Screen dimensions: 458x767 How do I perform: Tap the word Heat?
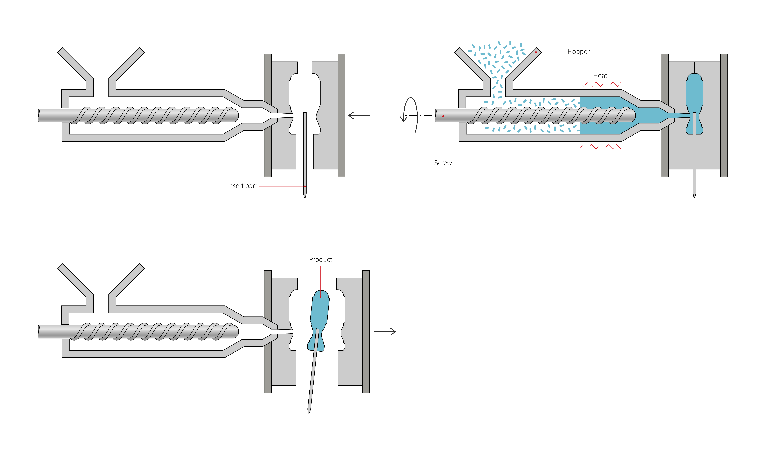[x=600, y=76]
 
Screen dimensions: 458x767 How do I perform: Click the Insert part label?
[x=242, y=186]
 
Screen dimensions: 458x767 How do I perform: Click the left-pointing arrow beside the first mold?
[x=359, y=115]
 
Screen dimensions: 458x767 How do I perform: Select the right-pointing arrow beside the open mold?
[x=385, y=332]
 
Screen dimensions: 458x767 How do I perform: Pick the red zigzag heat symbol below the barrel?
[x=600, y=147]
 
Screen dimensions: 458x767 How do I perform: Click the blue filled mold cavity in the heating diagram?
[x=694, y=93]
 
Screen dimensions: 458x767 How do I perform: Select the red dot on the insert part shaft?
[x=305, y=186]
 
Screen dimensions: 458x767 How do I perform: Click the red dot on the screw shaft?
[x=443, y=116]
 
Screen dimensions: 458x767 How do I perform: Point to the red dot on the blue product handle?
[x=321, y=297]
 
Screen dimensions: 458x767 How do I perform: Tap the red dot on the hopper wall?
[x=536, y=52]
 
